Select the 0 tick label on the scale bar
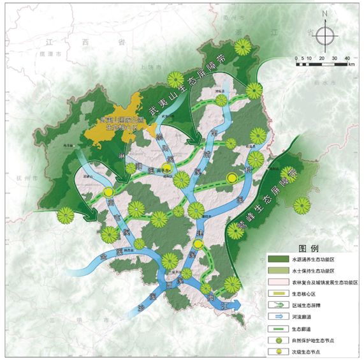(x=296, y=58)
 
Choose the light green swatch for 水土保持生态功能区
(x=277, y=271)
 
